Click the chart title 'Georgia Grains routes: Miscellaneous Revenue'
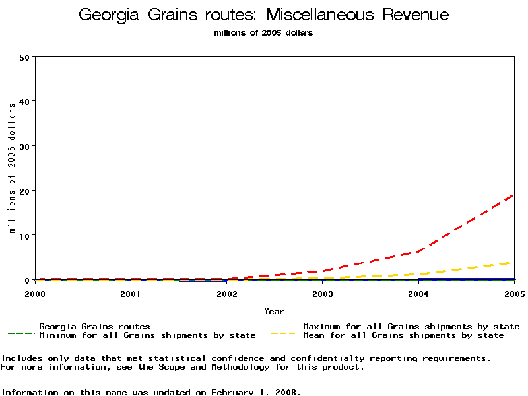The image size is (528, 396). coord(264,15)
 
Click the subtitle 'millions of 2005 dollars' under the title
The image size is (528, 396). coord(264,33)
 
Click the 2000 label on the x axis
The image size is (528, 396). coord(35,293)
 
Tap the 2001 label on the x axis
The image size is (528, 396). coord(131,293)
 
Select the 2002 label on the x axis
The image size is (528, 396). coord(226,293)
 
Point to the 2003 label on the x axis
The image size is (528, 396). coord(323,293)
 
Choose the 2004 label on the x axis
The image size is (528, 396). coord(418,293)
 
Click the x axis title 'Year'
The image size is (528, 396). coord(275,312)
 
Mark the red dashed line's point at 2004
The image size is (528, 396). coord(418,251)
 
